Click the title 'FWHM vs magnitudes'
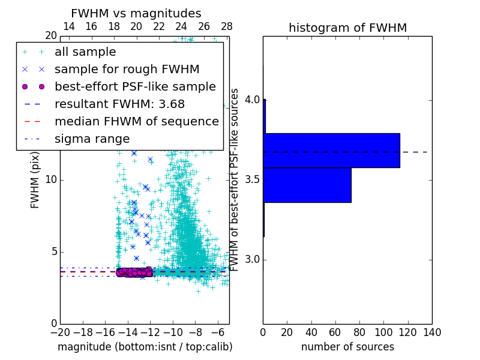(136, 14)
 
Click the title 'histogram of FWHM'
(347, 28)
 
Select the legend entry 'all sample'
(85, 52)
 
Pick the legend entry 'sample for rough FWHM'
(127, 70)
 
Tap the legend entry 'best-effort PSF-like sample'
(135, 87)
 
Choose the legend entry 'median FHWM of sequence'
(137, 122)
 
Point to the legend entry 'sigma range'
(92, 139)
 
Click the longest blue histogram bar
(331, 151)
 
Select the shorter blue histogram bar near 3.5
(307, 185)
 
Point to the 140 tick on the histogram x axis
(432, 332)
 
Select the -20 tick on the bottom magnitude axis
(60, 332)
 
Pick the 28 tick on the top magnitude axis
(227, 26)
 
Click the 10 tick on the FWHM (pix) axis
(50, 180)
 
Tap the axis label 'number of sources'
(347, 347)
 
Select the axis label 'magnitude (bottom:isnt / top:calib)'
(145, 347)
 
